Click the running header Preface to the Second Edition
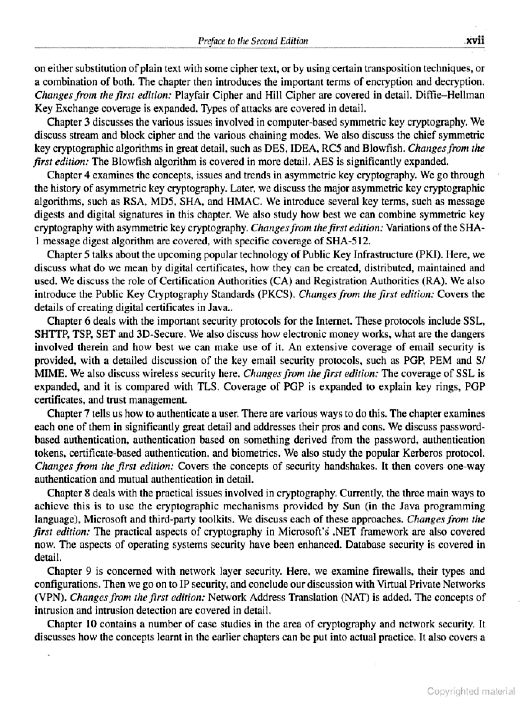(x=253, y=41)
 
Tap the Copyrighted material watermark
(x=471, y=692)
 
